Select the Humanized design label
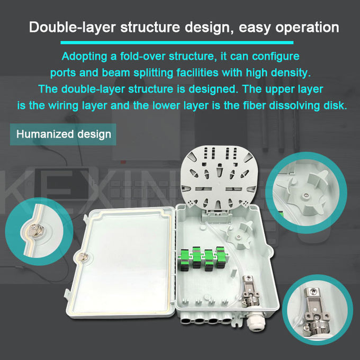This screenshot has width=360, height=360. pyautogui.click(x=64, y=134)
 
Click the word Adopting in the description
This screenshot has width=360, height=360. pyautogui.click(x=83, y=56)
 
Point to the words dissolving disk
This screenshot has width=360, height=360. pyautogui.click(x=311, y=105)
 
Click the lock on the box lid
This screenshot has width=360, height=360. pyautogui.click(x=82, y=258)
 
